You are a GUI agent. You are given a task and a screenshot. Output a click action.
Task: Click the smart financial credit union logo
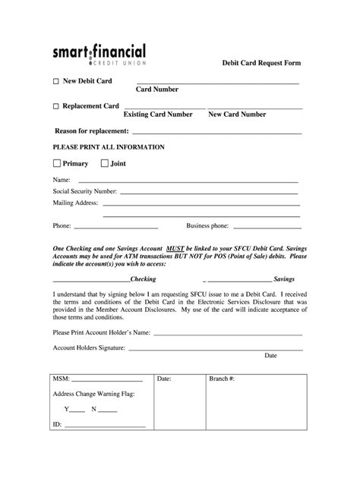pos(99,54)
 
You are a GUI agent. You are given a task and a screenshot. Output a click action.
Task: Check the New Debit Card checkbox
pos(55,81)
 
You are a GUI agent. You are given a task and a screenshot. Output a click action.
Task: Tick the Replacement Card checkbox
pos(55,106)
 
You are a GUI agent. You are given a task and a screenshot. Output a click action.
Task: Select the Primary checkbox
pos(56,163)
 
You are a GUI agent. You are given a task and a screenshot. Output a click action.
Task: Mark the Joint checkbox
pos(103,163)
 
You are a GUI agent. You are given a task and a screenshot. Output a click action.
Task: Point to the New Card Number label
pos(237,115)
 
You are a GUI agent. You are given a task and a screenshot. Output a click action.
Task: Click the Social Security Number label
pos(84,191)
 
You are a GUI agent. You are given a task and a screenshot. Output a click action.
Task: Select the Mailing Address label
pos(75,203)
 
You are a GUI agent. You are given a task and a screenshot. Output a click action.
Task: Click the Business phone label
pos(207,226)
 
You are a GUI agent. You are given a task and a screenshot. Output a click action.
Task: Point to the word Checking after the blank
pos(144,279)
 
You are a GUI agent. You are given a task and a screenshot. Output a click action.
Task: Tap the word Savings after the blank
pos(283,279)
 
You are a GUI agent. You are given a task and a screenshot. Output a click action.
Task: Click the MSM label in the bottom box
pos(60,378)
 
